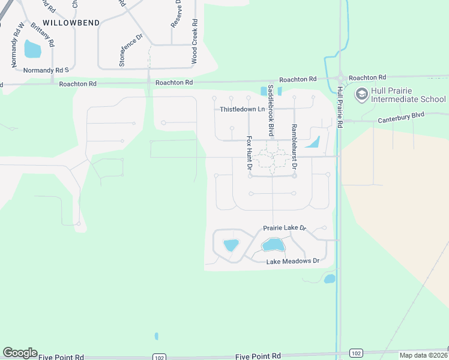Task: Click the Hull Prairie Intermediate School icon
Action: pyautogui.click(x=361, y=94)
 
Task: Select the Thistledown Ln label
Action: pyautogui.click(x=242, y=109)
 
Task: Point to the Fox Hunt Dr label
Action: pyautogui.click(x=249, y=152)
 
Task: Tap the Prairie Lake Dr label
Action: pyautogui.click(x=285, y=228)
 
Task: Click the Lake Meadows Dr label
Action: pyautogui.click(x=292, y=261)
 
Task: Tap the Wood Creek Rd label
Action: pyautogui.click(x=194, y=41)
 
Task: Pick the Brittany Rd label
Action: pyautogui.click(x=42, y=35)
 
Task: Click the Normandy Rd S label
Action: pyautogui.click(x=42, y=70)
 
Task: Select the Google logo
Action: pyautogui.click(x=20, y=353)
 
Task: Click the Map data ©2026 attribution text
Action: pyautogui.click(x=424, y=355)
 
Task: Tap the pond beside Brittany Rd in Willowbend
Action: pyautogui.click(x=32, y=49)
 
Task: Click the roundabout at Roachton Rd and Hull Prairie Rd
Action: pyautogui.click(x=340, y=78)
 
